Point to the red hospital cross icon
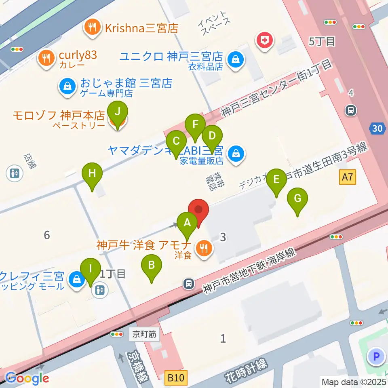(265, 40)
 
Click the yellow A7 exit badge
(348, 177)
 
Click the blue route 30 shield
(377, 129)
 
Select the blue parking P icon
(376, 357)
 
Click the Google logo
(27, 378)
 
